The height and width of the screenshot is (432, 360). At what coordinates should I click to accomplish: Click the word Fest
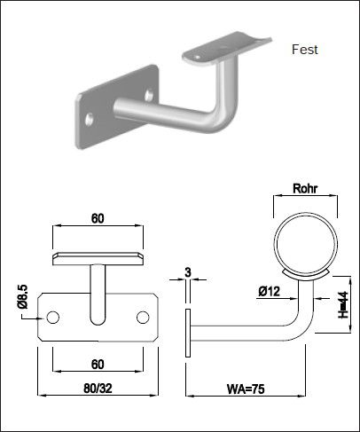(x=304, y=51)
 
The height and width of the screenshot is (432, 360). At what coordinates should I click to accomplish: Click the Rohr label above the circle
(x=304, y=189)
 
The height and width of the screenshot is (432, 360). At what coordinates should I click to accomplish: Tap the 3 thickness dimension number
(x=188, y=271)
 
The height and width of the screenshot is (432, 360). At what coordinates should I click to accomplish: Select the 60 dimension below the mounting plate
(x=98, y=364)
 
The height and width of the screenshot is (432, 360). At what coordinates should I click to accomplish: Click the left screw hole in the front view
(x=53, y=318)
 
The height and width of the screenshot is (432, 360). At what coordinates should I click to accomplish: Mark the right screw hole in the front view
(x=143, y=318)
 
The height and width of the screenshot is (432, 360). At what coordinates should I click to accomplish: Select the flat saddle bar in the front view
(x=98, y=258)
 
